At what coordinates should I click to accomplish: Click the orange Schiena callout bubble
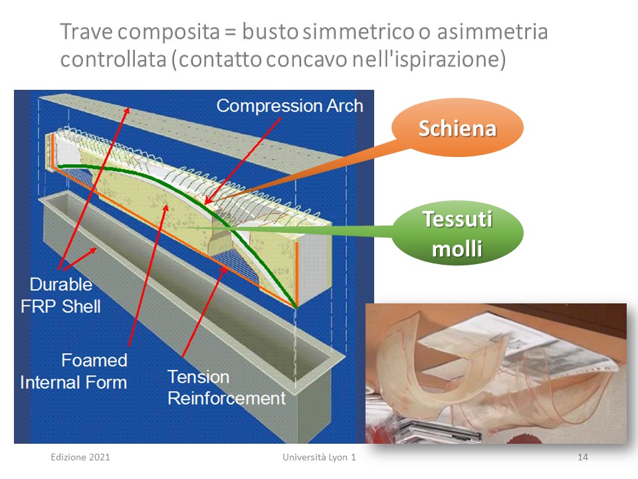457,128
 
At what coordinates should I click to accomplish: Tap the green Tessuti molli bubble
457,233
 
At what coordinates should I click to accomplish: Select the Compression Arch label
290,106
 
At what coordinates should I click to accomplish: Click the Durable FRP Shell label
60,295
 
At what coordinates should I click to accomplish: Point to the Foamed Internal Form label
74,371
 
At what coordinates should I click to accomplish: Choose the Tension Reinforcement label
227,387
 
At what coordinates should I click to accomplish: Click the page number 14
583,457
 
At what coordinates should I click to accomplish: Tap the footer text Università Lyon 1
320,457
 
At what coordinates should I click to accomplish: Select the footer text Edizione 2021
80,457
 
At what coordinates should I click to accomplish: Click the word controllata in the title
114,59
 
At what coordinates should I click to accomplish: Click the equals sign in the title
231,33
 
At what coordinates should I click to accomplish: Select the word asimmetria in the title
492,32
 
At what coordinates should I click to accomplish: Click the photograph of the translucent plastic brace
496,373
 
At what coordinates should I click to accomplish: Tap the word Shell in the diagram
81,306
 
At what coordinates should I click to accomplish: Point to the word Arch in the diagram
345,106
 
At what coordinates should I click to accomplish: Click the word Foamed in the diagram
94,360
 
